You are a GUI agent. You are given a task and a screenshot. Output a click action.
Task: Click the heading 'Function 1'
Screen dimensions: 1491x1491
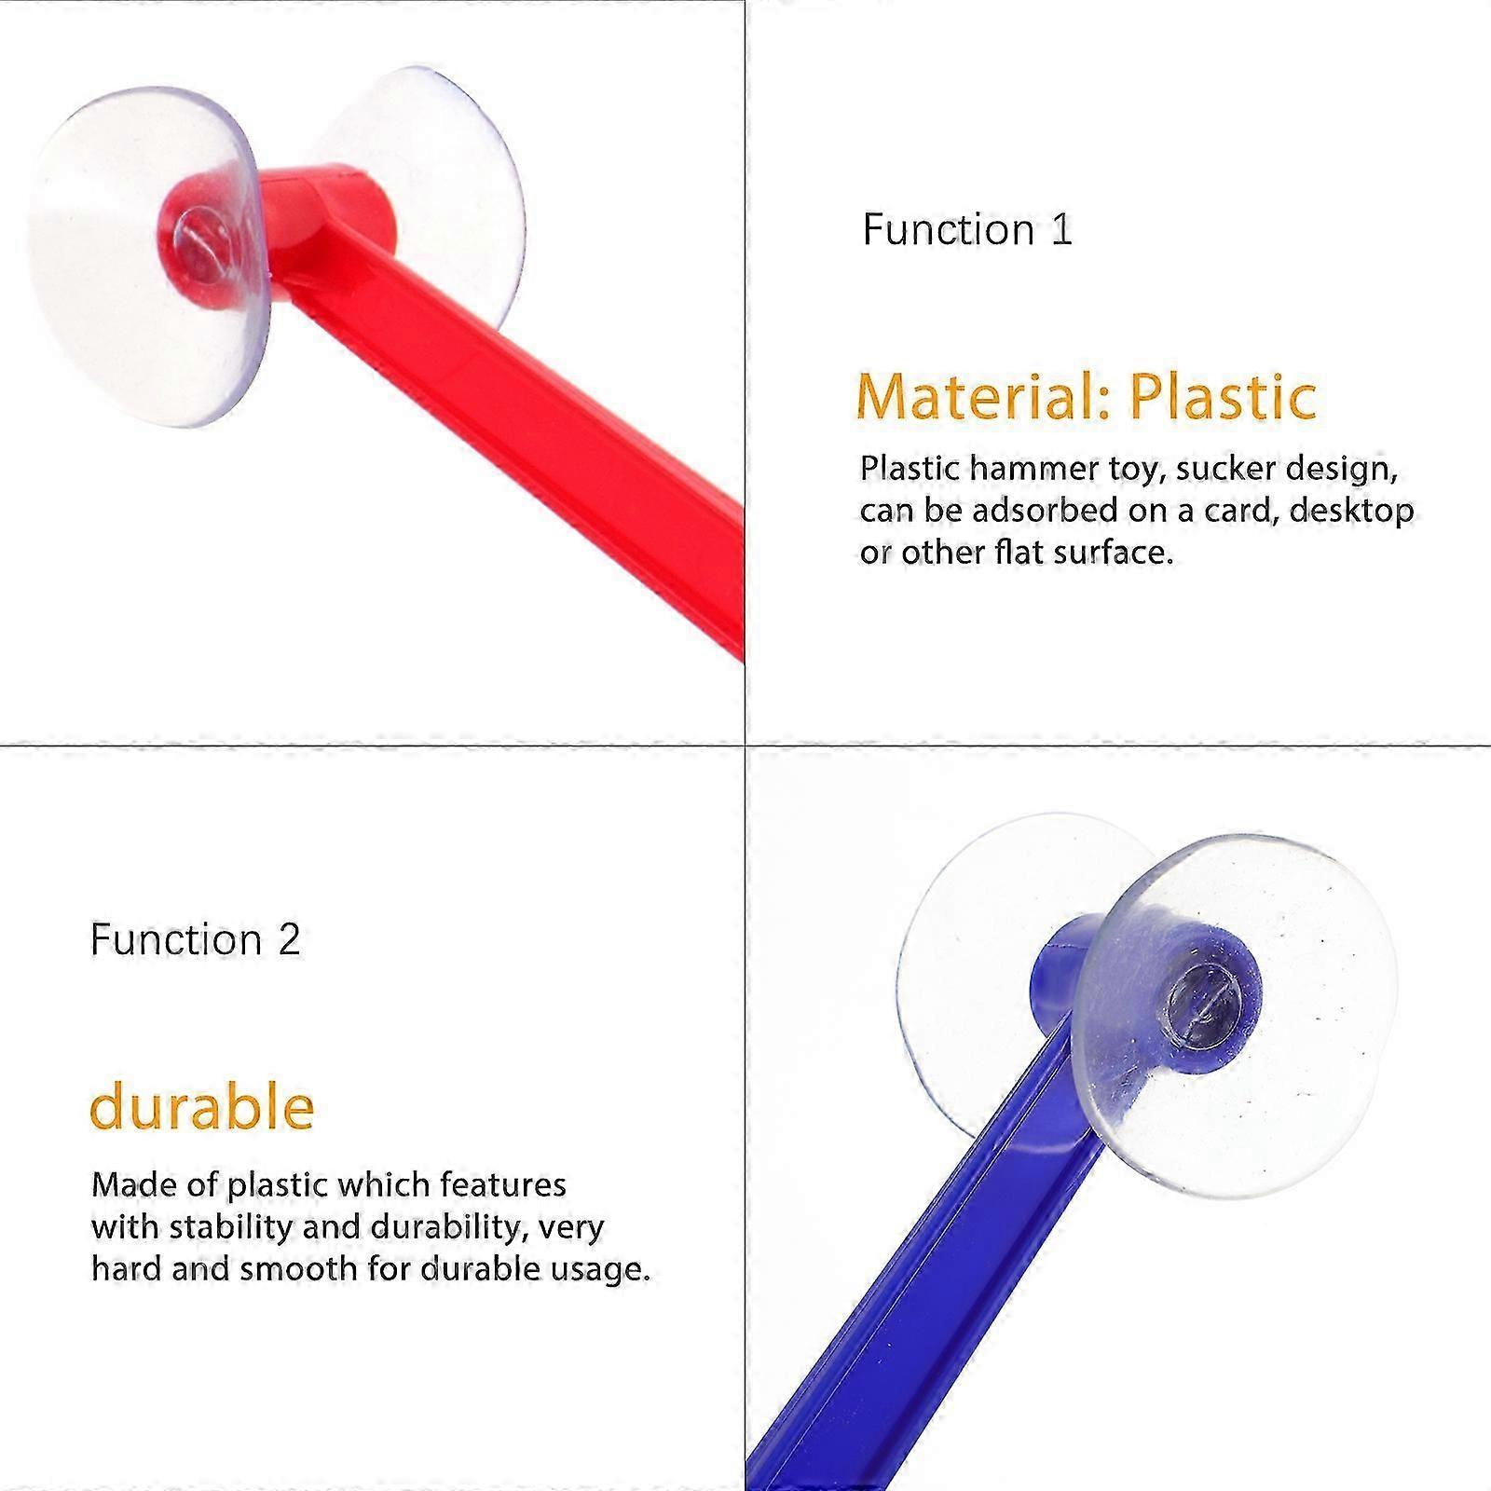967,229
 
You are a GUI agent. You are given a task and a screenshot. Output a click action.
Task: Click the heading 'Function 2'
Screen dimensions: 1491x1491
196,939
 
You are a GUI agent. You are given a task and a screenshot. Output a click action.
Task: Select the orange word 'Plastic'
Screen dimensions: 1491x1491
1223,396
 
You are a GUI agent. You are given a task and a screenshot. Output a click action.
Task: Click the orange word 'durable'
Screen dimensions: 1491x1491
201,1106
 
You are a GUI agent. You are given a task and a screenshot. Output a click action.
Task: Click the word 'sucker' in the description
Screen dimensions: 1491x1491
1224,468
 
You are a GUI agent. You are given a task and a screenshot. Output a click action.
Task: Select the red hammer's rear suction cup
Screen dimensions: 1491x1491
438,186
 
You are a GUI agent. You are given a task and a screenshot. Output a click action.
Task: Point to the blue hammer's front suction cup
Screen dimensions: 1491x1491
1239,1016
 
